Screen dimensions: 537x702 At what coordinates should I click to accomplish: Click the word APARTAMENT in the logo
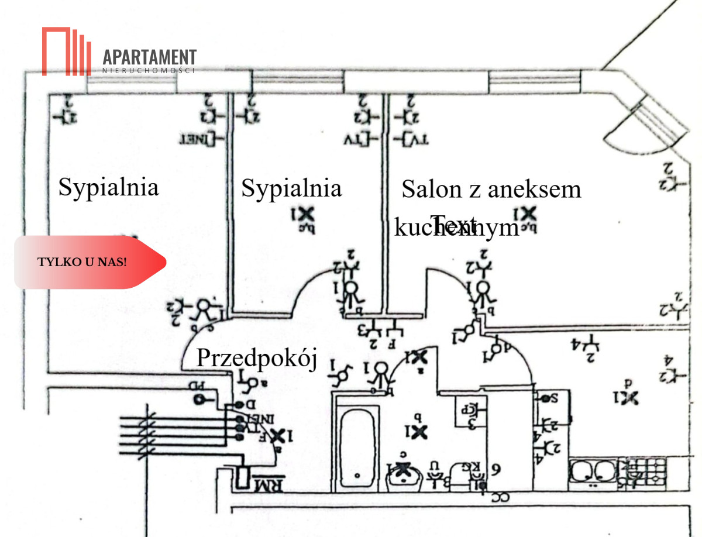pos(149,57)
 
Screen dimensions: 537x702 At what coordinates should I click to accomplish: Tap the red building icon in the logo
pos(66,51)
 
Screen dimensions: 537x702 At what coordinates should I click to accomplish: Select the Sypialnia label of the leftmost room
pos(109,187)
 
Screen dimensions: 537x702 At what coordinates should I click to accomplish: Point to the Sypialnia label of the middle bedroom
pos(291,188)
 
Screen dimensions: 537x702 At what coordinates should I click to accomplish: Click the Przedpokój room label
pos(256,358)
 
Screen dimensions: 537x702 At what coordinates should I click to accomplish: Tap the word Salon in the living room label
pos(431,190)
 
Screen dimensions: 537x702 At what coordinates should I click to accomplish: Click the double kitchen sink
pos(591,470)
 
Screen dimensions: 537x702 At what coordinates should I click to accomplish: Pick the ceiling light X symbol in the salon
pos(525,215)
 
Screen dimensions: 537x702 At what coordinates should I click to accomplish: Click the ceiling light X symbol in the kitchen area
pos(628,397)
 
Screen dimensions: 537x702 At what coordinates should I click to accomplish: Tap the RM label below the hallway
pos(269,484)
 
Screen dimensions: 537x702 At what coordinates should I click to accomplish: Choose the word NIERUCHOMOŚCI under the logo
pos(149,70)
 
